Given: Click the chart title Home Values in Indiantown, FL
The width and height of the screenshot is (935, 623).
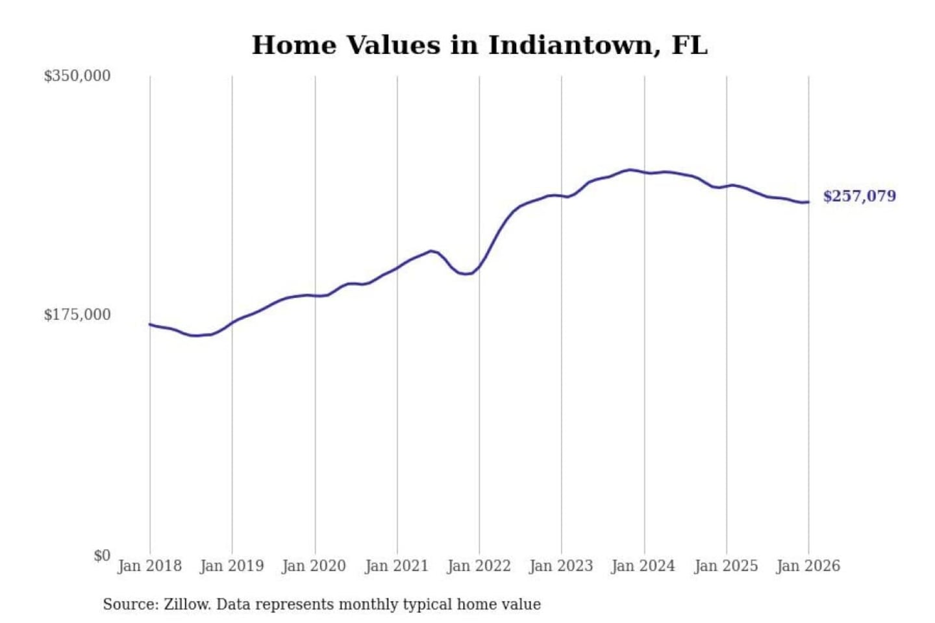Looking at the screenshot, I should point(479,45).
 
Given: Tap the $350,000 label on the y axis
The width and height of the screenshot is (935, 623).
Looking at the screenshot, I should point(77,76).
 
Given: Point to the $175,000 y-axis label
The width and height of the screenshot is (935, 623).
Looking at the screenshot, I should point(77,315).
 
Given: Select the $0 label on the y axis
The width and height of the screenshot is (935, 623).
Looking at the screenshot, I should point(102,556).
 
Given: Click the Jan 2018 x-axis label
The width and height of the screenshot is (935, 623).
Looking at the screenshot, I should point(149,566).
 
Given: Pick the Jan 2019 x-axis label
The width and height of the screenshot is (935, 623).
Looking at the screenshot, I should point(232,566).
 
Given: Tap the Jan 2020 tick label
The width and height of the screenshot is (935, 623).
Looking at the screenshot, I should point(314,566).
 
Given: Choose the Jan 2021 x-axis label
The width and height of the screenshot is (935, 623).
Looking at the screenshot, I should point(397,566).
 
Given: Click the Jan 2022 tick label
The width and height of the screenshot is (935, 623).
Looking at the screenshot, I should point(479,566).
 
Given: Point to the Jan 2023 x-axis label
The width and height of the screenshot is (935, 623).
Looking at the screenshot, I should point(561,566).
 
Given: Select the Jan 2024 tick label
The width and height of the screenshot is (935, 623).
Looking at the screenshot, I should point(643,566).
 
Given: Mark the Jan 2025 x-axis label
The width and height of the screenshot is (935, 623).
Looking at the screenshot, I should point(726,566).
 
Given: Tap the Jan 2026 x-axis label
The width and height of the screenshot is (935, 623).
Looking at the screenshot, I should point(808,566).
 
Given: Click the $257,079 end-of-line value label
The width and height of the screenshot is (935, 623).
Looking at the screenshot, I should point(859,196).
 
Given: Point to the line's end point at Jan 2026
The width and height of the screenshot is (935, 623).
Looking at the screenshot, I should point(808,202).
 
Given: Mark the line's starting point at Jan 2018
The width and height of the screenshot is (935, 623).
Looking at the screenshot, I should point(150,324).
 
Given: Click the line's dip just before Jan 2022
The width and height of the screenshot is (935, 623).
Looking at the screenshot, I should point(465,274).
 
